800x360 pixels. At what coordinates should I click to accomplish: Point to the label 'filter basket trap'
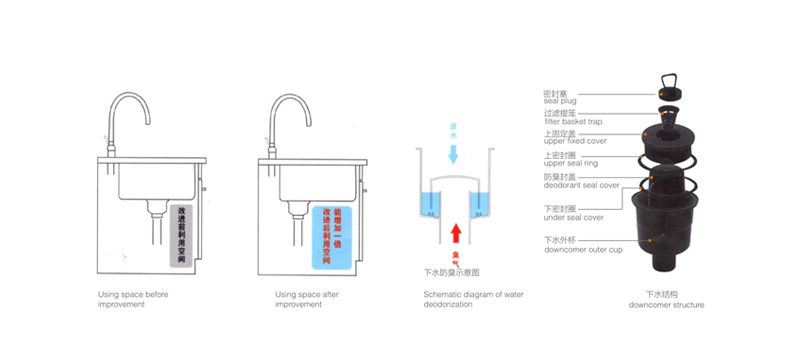coord(573,121)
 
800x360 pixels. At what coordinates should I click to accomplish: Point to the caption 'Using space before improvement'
coord(135,300)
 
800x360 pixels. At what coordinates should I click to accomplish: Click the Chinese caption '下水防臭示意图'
coord(453,272)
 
